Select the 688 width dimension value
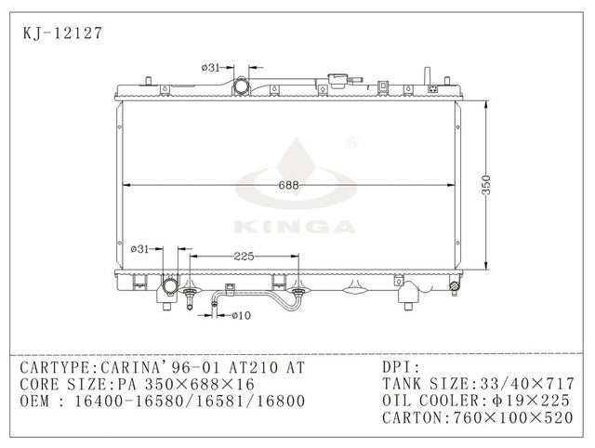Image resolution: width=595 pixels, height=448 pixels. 291,185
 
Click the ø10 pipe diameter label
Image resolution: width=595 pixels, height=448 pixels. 239,316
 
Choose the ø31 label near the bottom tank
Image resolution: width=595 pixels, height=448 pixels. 139,248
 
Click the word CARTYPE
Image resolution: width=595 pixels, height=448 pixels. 58,367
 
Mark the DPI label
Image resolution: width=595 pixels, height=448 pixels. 401,367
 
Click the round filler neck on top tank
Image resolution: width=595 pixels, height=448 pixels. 242,86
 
